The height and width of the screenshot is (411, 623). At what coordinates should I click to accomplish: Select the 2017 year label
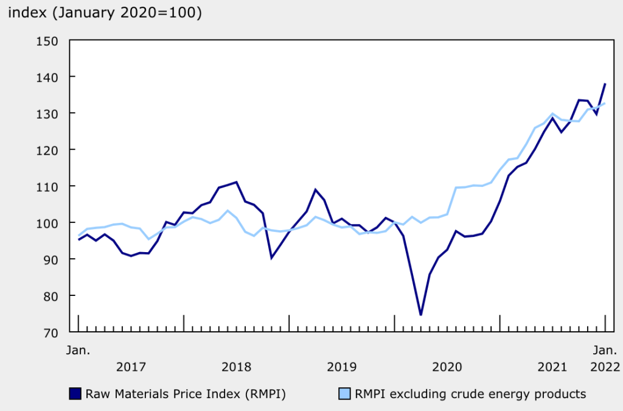point(131,367)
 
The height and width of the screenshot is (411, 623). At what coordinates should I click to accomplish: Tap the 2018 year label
point(236,367)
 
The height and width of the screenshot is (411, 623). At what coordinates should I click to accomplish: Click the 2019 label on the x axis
point(342,367)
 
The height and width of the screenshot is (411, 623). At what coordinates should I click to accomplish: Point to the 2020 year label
point(447,367)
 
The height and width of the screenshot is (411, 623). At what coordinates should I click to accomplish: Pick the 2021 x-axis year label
point(552,367)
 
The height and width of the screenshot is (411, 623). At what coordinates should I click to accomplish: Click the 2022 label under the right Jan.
point(605,367)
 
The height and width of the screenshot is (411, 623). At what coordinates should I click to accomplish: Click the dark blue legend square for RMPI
point(75,394)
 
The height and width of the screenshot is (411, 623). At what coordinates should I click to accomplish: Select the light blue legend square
point(343,394)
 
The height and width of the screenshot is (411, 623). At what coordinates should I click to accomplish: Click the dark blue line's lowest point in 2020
point(420,315)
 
